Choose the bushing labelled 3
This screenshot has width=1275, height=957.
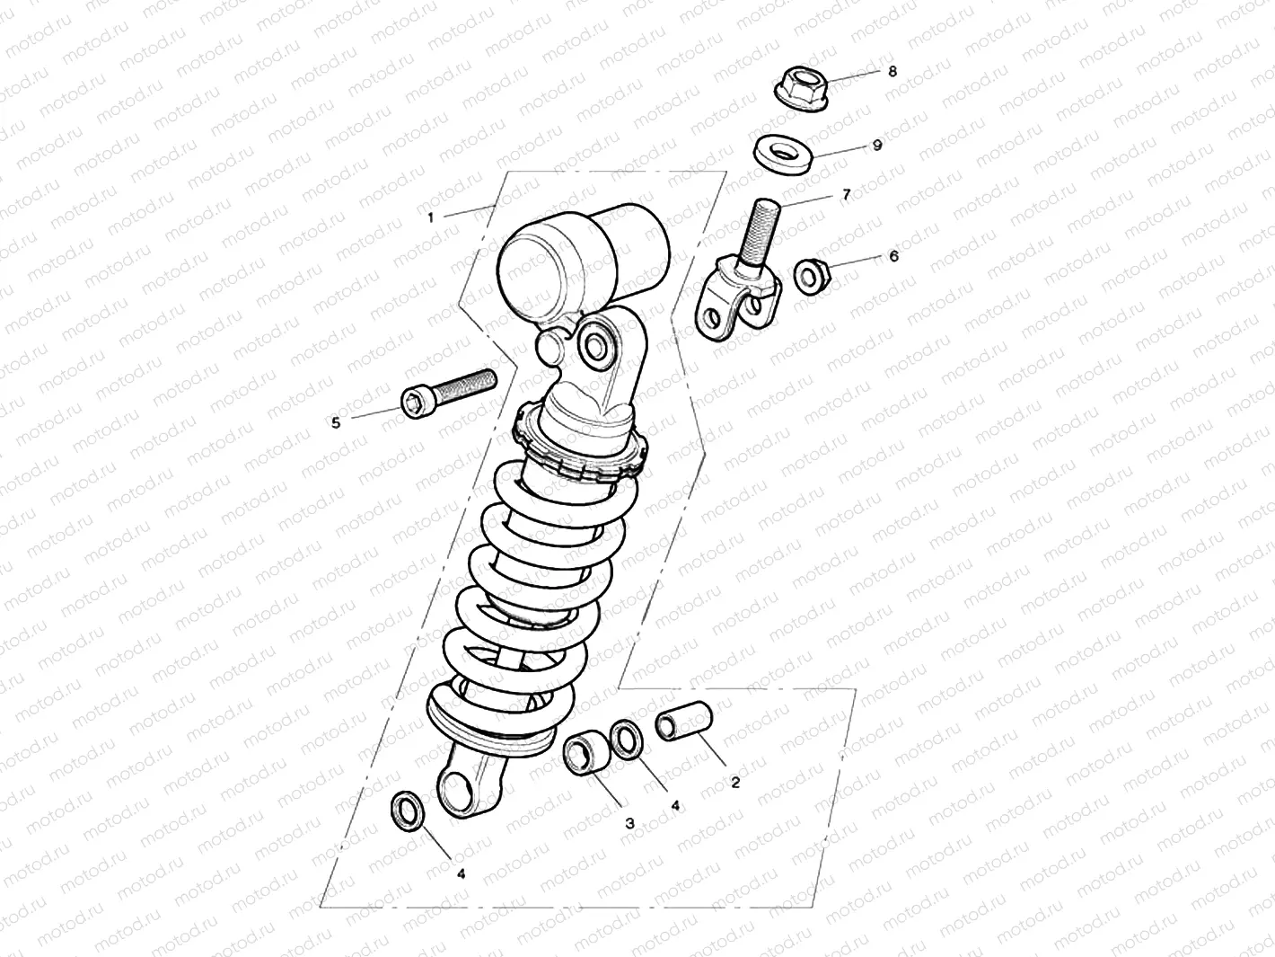(585, 753)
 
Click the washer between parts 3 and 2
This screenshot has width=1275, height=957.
(626, 739)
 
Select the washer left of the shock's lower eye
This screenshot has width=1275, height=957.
(409, 811)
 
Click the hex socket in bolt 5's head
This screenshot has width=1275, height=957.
(415, 403)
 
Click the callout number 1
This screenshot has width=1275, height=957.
(431, 217)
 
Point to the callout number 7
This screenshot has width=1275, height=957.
(846, 194)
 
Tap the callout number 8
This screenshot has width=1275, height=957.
(892, 71)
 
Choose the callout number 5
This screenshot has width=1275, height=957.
(336, 422)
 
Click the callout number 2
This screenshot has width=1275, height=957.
(735, 783)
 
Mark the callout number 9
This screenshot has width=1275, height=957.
(877, 145)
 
